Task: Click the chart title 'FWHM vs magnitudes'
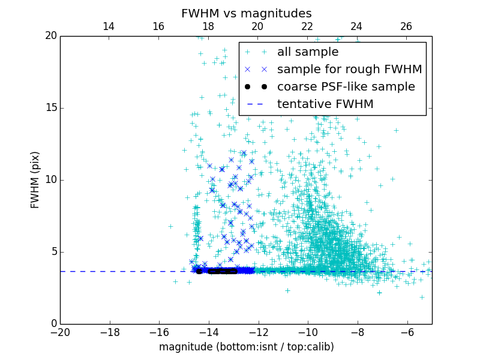pyautogui.click(x=246, y=13)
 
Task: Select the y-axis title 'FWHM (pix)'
pyautogui.click(x=35, y=180)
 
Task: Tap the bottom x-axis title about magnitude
pyautogui.click(x=246, y=347)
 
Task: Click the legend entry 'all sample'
pyautogui.click(x=307, y=52)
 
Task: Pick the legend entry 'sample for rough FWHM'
pyautogui.click(x=349, y=70)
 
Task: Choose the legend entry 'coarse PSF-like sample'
pyautogui.click(x=346, y=87)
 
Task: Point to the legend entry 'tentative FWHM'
pyautogui.click(x=325, y=104)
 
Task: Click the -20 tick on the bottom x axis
pyautogui.click(x=60, y=332)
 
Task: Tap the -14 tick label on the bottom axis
pyautogui.click(x=209, y=332)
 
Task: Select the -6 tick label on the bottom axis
pyautogui.click(x=407, y=332)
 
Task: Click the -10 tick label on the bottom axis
pyautogui.click(x=308, y=332)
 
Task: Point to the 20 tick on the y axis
pyautogui.click(x=50, y=36)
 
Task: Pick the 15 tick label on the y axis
pyautogui.click(x=50, y=108)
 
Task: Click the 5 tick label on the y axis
pyautogui.click(x=53, y=252)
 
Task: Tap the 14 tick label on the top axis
pyautogui.click(x=109, y=26)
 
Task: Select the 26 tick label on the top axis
pyautogui.click(x=406, y=26)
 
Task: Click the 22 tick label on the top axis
pyautogui.click(x=307, y=26)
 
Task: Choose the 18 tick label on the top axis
pyautogui.click(x=208, y=26)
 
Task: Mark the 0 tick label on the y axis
pyautogui.click(x=53, y=324)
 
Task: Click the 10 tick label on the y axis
pyautogui.click(x=50, y=180)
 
